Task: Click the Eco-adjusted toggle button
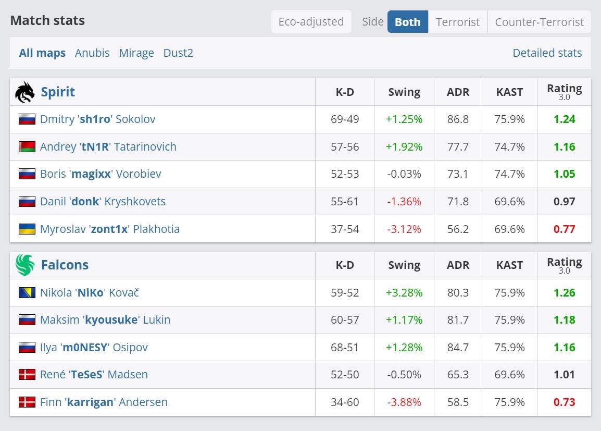311,22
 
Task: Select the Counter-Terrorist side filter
540,22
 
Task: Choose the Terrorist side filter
458,22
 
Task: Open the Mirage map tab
136,53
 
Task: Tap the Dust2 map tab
178,53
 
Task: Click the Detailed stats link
547,53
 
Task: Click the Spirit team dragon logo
25,92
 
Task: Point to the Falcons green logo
25,265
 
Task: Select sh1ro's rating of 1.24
564,119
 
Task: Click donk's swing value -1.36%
404,201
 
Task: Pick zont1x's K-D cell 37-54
345,229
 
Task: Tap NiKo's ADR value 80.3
458,292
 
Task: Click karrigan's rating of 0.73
564,402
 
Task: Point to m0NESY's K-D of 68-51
345,348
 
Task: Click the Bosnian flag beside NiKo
27,292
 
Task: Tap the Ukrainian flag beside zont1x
27,229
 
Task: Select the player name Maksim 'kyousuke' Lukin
105,320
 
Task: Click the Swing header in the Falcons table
404,265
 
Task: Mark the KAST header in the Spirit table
509,92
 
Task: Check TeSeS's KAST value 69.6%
509,375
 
